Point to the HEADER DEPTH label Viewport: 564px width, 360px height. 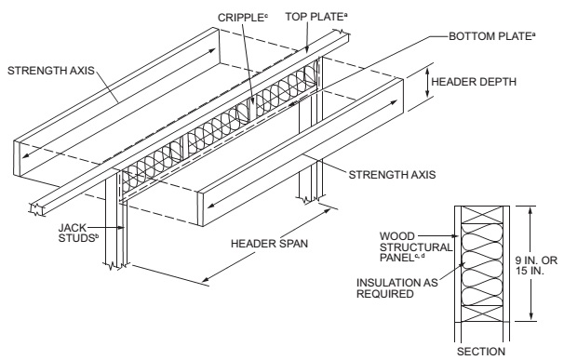pyautogui.click(x=483, y=80)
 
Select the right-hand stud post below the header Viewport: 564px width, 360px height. pyautogui.click(x=314, y=181)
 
